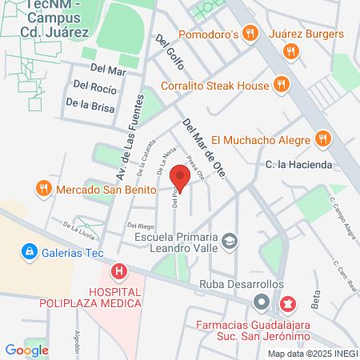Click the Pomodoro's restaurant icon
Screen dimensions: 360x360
pos(250,34)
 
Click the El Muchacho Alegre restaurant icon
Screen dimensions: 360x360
pos(322,138)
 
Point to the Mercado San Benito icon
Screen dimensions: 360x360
pos(43,190)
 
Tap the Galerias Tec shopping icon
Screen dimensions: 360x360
pos(30,252)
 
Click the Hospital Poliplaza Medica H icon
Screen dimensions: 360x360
pos(119,272)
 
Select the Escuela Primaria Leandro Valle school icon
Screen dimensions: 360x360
pos(230,240)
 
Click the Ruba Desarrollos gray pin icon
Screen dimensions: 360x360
pos(261,302)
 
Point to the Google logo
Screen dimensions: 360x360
pos(26,350)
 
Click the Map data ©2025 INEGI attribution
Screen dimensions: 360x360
pos(312,353)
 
